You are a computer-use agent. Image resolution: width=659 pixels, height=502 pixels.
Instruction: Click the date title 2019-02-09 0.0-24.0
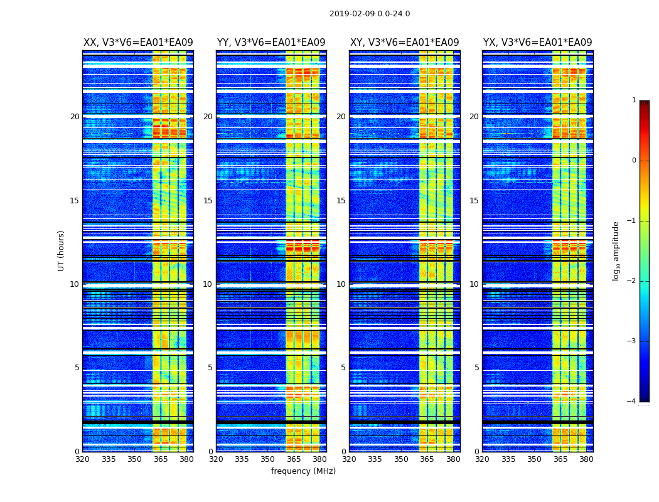click(x=370, y=14)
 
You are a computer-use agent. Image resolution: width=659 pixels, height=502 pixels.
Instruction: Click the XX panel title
click(x=138, y=43)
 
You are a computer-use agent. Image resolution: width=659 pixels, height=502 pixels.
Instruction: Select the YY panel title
click(x=271, y=43)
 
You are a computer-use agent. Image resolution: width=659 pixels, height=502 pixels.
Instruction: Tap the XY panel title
click(x=404, y=43)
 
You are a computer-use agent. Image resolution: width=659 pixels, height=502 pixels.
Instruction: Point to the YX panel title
click(x=537, y=43)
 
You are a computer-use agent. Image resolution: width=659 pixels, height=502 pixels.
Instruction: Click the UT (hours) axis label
click(x=62, y=250)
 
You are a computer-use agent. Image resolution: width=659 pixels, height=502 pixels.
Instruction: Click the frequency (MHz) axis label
click(x=303, y=471)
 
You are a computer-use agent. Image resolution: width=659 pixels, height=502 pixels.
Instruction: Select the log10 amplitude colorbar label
click(x=616, y=250)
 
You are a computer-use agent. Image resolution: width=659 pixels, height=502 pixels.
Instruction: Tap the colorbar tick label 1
click(x=634, y=100)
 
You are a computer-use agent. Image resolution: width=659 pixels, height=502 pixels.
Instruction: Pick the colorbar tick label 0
click(x=634, y=161)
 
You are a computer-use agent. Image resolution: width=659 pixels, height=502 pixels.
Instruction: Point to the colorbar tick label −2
click(x=633, y=281)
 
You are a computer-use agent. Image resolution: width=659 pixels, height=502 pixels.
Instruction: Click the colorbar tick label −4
click(x=633, y=402)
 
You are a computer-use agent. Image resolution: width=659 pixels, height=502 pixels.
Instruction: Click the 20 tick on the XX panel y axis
click(x=75, y=117)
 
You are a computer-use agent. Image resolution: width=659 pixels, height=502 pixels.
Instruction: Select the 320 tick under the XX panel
click(x=82, y=459)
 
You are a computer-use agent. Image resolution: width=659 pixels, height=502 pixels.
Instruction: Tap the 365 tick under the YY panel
click(x=294, y=459)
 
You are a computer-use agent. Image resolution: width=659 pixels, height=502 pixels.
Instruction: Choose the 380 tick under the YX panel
click(x=586, y=459)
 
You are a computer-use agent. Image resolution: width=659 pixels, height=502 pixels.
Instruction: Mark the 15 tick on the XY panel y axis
click(x=341, y=201)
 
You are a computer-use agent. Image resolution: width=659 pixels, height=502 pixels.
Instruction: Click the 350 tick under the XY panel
click(x=401, y=459)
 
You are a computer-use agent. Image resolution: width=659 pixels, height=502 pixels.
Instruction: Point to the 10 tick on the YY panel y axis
click(x=208, y=284)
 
